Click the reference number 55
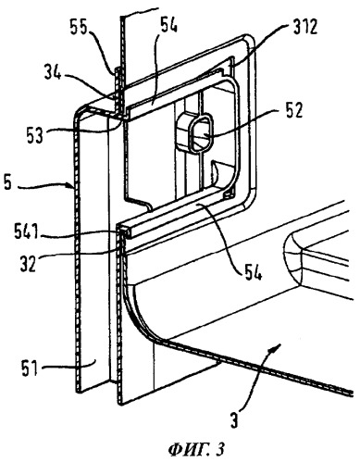coord(80,29)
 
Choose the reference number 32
coord(30,263)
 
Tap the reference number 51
coord(29,368)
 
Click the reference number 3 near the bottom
coord(235,419)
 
